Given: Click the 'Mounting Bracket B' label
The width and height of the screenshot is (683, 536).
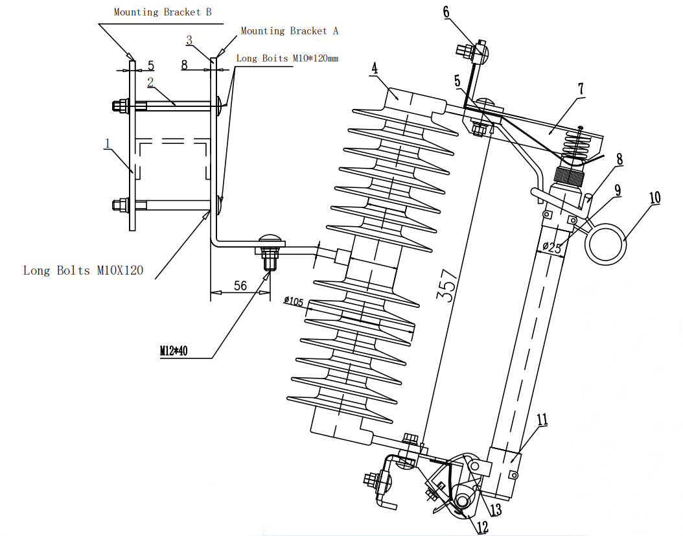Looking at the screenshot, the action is (x=163, y=12).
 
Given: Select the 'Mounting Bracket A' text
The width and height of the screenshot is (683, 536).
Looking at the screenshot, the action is (x=289, y=31).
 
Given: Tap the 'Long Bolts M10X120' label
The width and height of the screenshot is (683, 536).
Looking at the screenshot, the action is (x=83, y=271).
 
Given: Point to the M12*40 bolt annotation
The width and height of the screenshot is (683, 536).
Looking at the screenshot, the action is (x=174, y=351).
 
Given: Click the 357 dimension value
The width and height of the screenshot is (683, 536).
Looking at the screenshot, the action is (x=447, y=285).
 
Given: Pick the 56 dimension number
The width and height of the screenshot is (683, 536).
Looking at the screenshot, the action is (x=240, y=286).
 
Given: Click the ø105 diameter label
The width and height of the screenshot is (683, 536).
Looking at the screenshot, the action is (x=294, y=301).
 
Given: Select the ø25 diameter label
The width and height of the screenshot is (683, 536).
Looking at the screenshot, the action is (x=552, y=248).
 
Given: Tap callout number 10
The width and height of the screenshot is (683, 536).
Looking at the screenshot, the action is (x=654, y=198).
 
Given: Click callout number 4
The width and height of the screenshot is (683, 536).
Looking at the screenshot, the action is (x=374, y=68).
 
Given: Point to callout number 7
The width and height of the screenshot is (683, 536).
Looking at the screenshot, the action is (x=581, y=89).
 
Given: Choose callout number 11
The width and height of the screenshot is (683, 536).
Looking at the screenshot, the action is (x=542, y=419).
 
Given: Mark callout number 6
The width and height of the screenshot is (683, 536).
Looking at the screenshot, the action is (x=446, y=12).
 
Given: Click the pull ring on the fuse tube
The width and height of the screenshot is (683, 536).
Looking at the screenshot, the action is (x=605, y=244).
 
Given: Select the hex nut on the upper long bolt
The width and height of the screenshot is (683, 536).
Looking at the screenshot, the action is (x=121, y=106).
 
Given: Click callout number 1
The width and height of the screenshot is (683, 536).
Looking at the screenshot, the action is (x=107, y=143).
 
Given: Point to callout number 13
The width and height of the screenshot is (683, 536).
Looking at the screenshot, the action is (x=495, y=509).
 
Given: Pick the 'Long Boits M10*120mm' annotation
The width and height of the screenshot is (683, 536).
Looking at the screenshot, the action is (x=287, y=58).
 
